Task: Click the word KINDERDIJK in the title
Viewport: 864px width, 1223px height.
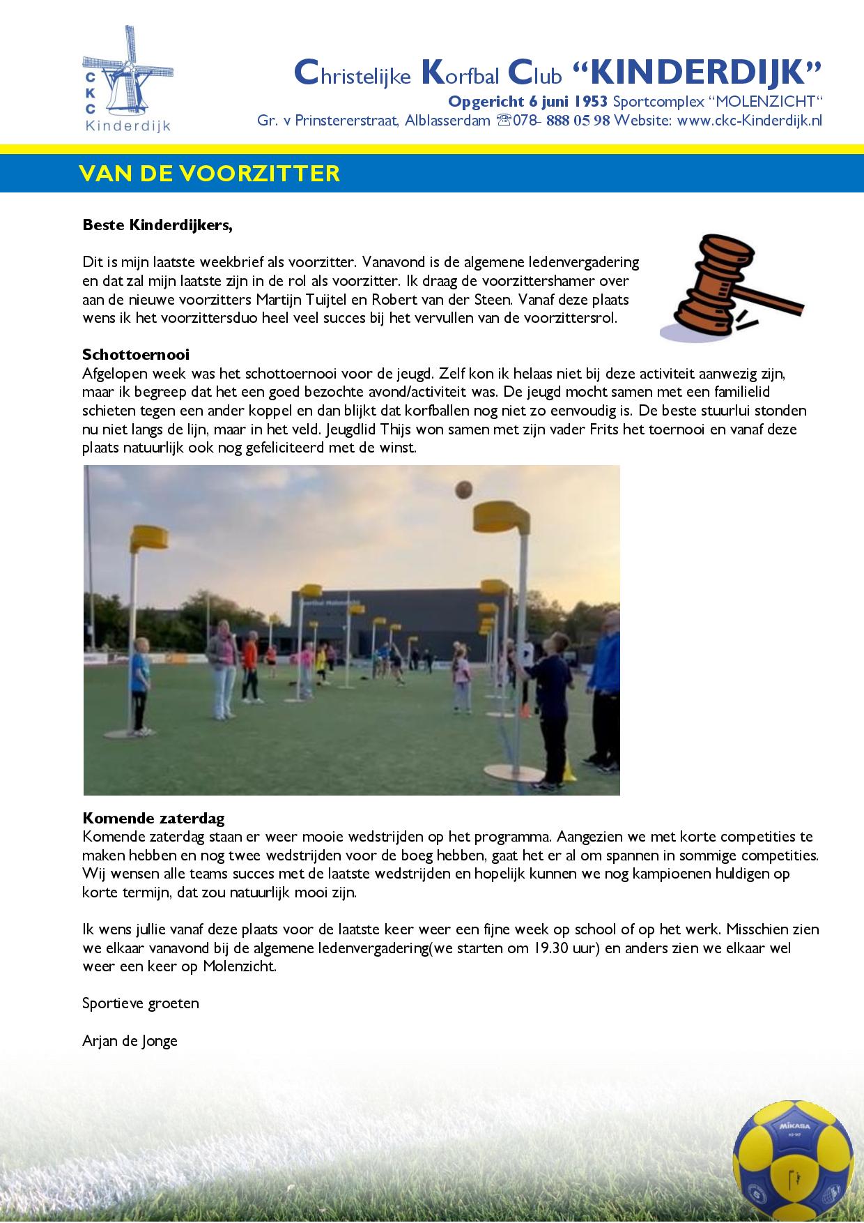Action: tap(697, 72)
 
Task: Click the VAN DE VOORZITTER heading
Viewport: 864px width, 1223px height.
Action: tap(210, 173)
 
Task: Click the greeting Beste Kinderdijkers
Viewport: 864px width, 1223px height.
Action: tap(157, 225)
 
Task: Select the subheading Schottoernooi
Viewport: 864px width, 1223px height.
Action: tap(136, 354)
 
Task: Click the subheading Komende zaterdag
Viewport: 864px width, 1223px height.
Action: tap(153, 818)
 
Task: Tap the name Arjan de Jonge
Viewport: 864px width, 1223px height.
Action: tap(130, 1041)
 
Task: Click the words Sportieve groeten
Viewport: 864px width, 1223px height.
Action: tap(141, 1003)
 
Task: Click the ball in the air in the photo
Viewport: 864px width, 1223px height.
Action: tap(463, 489)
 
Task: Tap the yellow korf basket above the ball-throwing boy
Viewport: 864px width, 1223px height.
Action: tap(499, 517)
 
